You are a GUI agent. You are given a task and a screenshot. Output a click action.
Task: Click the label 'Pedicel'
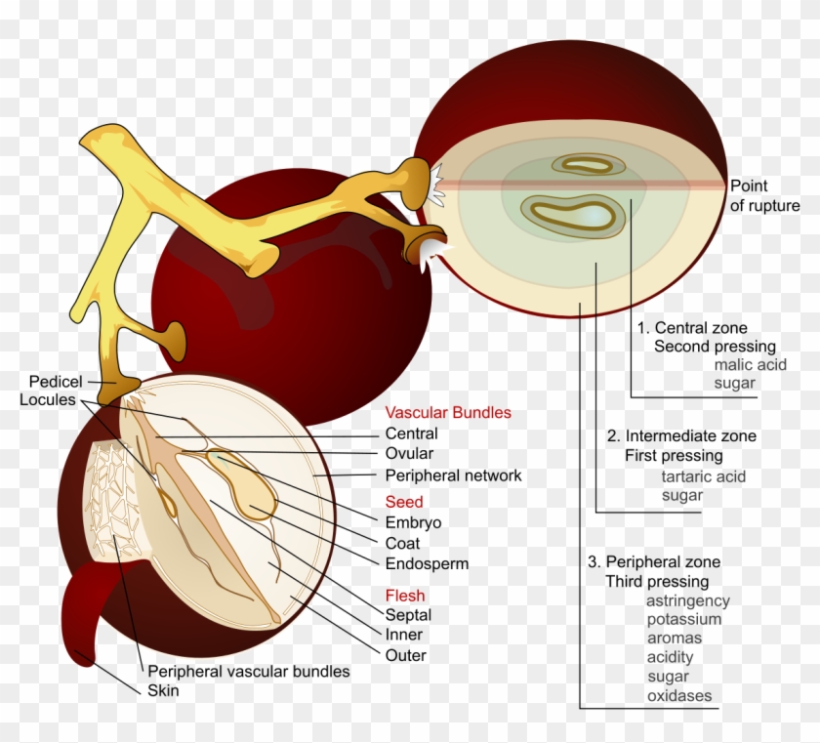pyautogui.click(x=56, y=381)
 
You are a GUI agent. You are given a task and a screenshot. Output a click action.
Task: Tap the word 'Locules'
pyautogui.click(x=47, y=400)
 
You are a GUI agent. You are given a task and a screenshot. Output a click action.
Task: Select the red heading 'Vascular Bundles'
pyautogui.click(x=448, y=413)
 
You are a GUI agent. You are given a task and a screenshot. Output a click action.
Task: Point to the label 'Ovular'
pyautogui.click(x=409, y=454)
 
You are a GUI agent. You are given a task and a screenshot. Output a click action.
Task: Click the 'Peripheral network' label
pyautogui.click(x=453, y=476)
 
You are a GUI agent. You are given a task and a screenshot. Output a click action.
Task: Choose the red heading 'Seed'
pyautogui.click(x=404, y=502)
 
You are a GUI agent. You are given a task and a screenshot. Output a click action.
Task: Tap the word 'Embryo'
pyautogui.click(x=413, y=522)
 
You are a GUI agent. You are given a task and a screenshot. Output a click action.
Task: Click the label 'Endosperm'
pyautogui.click(x=427, y=563)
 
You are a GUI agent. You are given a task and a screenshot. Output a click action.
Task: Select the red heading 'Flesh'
pyautogui.click(x=405, y=596)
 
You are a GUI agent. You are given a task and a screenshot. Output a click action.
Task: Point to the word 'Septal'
pyautogui.click(x=408, y=615)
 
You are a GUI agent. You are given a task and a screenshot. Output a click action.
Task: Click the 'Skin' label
pyautogui.click(x=163, y=690)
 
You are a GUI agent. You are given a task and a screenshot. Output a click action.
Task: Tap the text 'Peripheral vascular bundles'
pyautogui.click(x=248, y=672)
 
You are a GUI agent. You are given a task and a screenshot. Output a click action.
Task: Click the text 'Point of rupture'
pyautogui.click(x=764, y=195)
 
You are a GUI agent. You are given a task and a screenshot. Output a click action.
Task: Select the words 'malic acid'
pyautogui.click(x=750, y=364)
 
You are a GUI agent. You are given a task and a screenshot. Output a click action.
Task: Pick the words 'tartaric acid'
pyautogui.click(x=703, y=476)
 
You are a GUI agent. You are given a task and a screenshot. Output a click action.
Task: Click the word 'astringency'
pyautogui.click(x=687, y=600)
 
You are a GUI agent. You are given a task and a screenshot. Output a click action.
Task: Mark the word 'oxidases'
pyautogui.click(x=678, y=696)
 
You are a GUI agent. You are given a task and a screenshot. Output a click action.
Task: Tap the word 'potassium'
pyautogui.click(x=683, y=619)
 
